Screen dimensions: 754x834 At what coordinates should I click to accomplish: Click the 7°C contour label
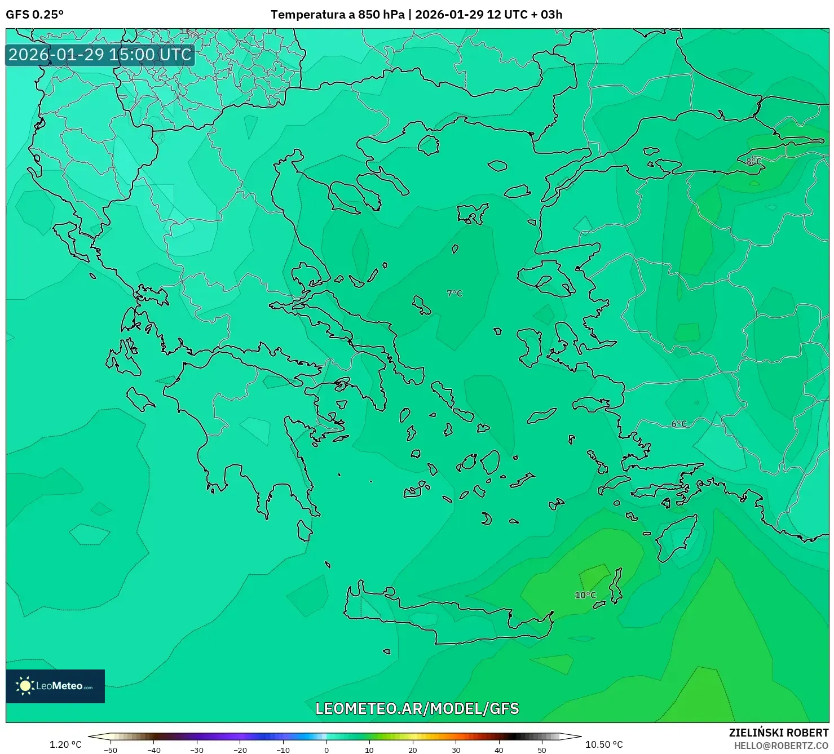[x=454, y=294]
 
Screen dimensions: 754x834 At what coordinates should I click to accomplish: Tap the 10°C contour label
[x=585, y=595]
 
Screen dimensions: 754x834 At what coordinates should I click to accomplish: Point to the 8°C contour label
[x=754, y=162]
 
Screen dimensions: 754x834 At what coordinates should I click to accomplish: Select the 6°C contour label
[x=679, y=424]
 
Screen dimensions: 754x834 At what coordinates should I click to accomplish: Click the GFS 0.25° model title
[x=34, y=15]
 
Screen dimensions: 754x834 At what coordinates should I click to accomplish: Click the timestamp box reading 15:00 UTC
[x=100, y=55]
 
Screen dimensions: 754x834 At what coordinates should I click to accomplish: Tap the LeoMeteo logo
[x=55, y=686]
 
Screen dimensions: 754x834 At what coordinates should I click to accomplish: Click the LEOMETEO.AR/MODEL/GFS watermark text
[x=417, y=708]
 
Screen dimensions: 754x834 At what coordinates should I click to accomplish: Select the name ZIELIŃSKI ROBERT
[x=779, y=733]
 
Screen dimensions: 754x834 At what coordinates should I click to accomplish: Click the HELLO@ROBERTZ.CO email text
[x=781, y=746]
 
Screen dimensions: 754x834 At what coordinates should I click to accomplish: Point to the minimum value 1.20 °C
[x=65, y=744]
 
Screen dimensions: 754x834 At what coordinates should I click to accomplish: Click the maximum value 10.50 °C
[x=604, y=744]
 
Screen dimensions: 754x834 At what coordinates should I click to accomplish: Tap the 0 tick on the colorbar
[x=326, y=749]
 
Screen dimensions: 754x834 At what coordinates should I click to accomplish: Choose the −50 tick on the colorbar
[x=111, y=749]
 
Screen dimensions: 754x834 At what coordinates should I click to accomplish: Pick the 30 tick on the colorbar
[x=456, y=749]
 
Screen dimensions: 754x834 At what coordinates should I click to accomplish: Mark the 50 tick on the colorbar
[x=542, y=749]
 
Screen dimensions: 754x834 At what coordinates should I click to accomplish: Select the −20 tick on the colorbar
[x=240, y=749]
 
